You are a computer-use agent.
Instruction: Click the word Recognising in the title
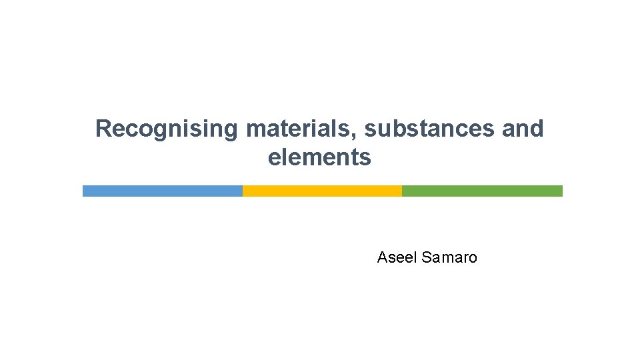pos(166,129)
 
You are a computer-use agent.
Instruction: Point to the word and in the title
pos(523,129)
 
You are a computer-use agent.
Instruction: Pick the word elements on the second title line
pos(319,158)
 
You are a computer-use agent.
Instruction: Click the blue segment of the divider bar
pos(162,191)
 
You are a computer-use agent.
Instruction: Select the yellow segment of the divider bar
pos(322,191)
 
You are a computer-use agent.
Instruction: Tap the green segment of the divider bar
pos(482,191)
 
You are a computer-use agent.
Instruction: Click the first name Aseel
pos(397,257)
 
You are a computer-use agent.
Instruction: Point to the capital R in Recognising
pos(103,129)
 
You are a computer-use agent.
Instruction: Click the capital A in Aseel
pos(382,257)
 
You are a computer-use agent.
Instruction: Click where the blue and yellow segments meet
pos(243,191)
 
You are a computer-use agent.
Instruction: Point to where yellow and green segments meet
pos(402,191)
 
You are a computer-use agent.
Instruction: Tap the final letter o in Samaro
pos(473,259)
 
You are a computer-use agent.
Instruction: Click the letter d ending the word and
pos(537,129)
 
